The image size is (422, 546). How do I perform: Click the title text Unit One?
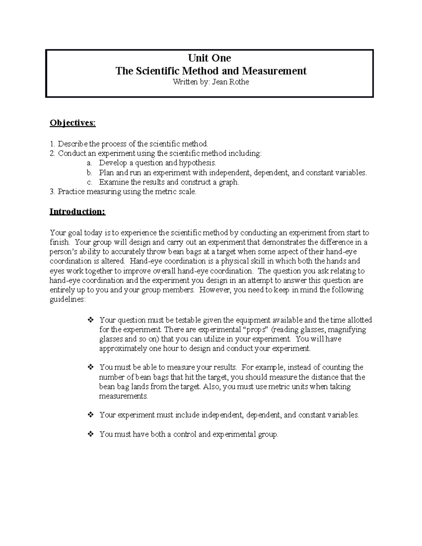tap(209, 58)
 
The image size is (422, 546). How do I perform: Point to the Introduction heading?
tap(77, 212)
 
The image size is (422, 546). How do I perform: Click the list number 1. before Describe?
tap(52, 144)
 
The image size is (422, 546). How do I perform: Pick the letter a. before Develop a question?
tap(90, 163)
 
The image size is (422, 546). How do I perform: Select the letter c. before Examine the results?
tap(90, 182)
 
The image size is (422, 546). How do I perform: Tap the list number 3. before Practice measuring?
tap(52, 192)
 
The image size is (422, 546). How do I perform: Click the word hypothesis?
tap(197, 163)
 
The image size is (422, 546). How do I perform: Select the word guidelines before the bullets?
tap(67, 300)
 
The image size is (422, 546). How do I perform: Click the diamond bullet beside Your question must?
tap(90, 320)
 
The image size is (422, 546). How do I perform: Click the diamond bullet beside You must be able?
tap(90, 367)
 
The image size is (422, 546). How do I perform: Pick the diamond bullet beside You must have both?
tap(90, 434)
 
